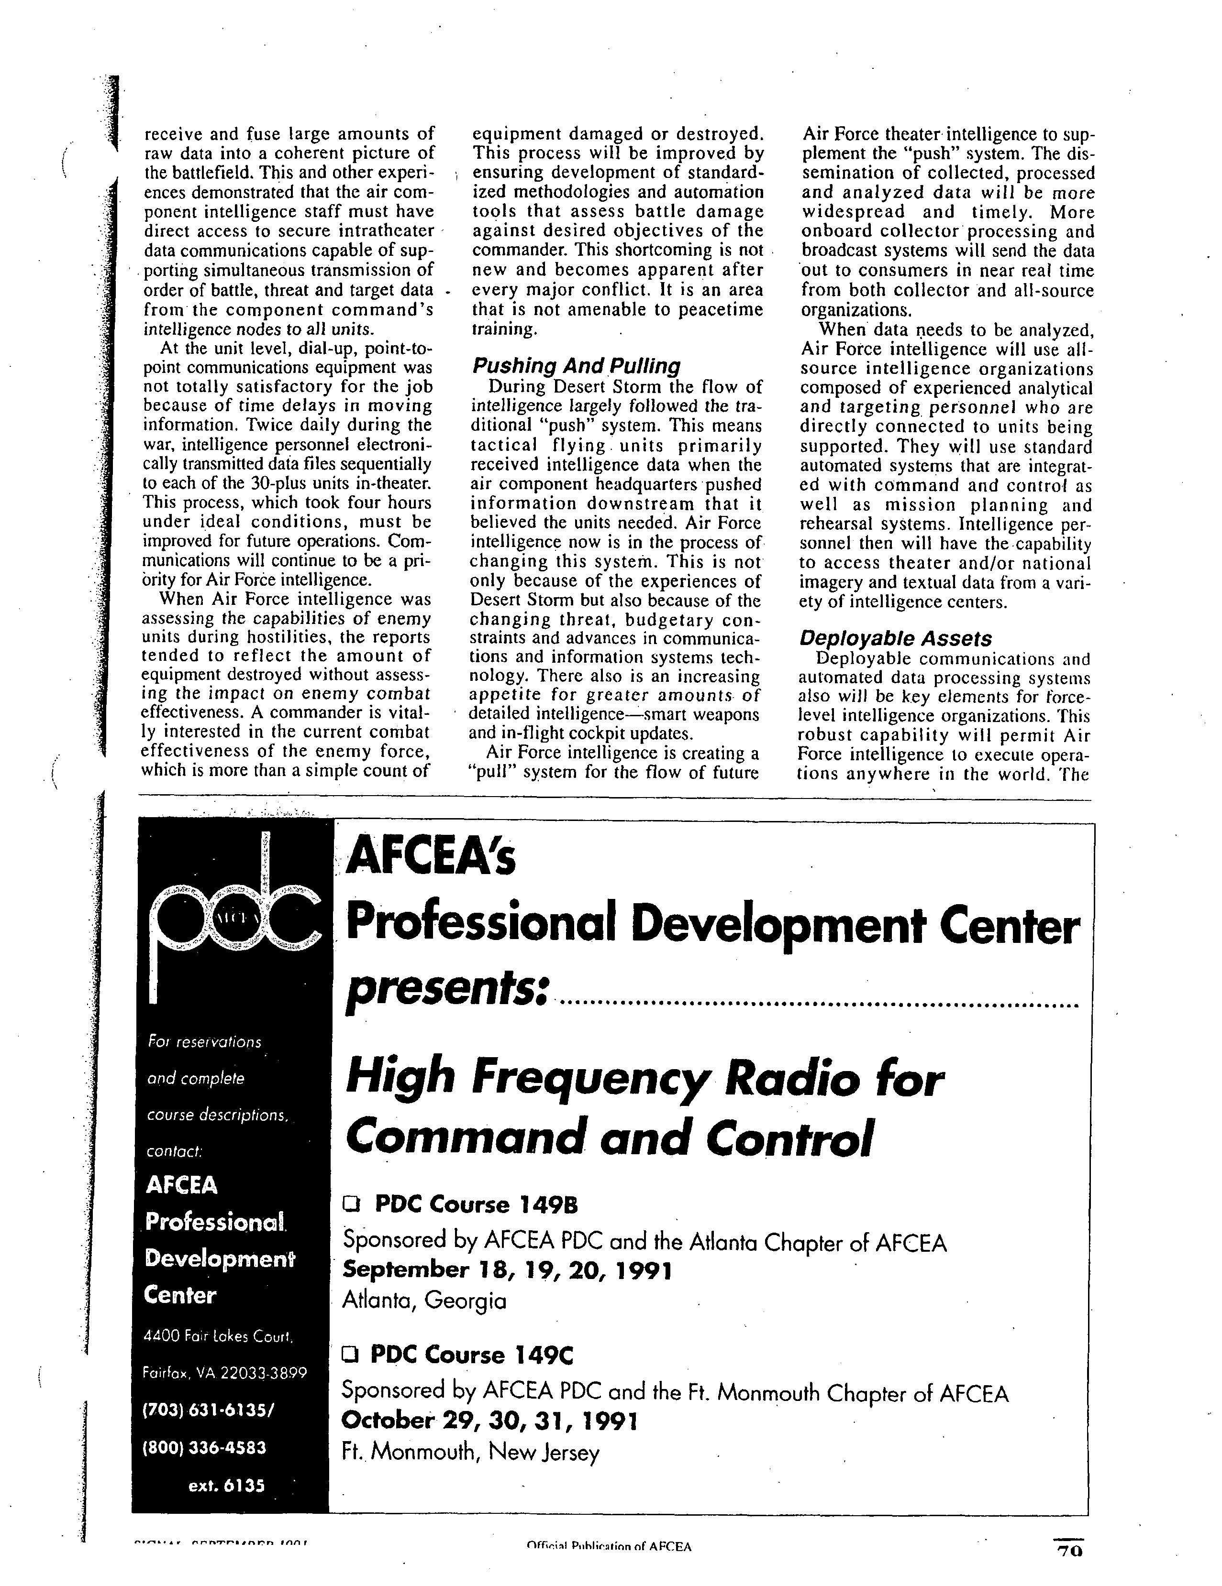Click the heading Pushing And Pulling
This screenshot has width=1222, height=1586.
click(576, 365)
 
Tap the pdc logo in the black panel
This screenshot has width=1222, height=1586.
click(231, 921)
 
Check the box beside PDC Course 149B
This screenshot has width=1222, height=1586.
click(352, 1205)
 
